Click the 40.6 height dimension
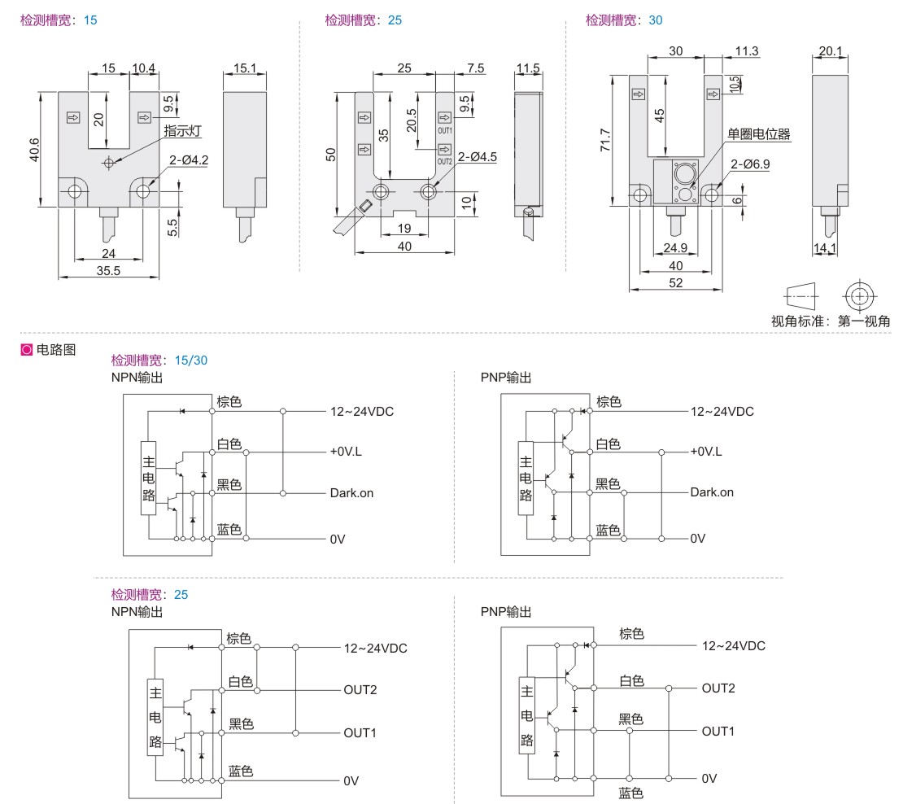coord(33,150)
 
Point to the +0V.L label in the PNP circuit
coord(706,452)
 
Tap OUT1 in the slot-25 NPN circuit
coord(360,732)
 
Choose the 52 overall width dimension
coord(675,282)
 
